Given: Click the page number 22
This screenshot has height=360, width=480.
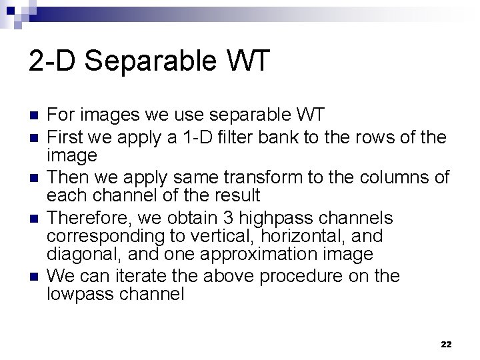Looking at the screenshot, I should point(446,344).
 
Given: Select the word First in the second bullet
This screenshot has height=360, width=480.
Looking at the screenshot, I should point(65,139).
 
